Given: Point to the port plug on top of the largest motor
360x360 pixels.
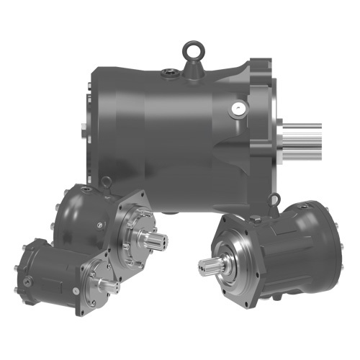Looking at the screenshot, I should (x=168, y=72).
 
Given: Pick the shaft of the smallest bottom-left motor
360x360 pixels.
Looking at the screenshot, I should (x=109, y=287).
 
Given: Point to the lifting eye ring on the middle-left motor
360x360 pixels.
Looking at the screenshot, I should (x=107, y=181).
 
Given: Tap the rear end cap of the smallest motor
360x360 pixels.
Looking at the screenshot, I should (x=21, y=270).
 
